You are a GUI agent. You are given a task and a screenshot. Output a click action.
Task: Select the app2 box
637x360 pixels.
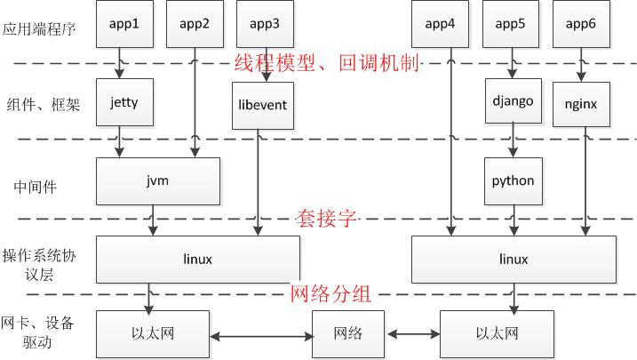(x=194, y=25)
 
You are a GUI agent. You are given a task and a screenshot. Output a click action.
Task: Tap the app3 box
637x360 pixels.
(x=264, y=25)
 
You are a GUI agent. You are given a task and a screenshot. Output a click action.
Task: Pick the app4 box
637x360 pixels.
(x=440, y=25)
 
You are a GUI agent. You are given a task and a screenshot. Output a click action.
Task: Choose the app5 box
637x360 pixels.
(x=510, y=25)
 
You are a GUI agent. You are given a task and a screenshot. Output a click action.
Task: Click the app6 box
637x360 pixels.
(x=580, y=25)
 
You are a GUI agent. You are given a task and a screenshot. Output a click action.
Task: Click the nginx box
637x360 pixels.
(x=580, y=104)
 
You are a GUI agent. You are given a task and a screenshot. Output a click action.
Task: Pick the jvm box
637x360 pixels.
(x=158, y=180)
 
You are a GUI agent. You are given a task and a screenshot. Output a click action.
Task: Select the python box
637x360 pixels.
(x=513, y=180)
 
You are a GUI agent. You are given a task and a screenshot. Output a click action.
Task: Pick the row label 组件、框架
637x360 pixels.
(x=42, y=104)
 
